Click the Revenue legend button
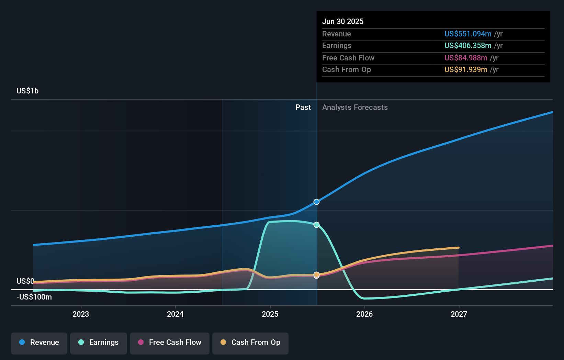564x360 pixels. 39,342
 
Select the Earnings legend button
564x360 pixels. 99,342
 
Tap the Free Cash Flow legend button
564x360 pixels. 170,342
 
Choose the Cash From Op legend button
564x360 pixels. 250,342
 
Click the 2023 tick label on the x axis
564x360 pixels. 81,314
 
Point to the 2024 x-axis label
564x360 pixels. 175,314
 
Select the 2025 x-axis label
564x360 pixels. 270,314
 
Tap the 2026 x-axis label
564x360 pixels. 364,314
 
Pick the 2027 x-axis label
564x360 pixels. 459,314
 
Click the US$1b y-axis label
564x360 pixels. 27,91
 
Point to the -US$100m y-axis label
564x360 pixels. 34,297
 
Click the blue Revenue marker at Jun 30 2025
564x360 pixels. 317,202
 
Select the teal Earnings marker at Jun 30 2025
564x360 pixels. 317,225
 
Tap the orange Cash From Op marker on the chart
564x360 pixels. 317,274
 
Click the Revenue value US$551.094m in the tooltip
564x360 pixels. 468,34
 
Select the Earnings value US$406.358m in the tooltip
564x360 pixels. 468,45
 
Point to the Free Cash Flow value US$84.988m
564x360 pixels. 466,58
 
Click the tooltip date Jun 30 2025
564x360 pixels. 343,21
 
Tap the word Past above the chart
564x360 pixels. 303,107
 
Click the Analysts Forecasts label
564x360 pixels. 355,107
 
